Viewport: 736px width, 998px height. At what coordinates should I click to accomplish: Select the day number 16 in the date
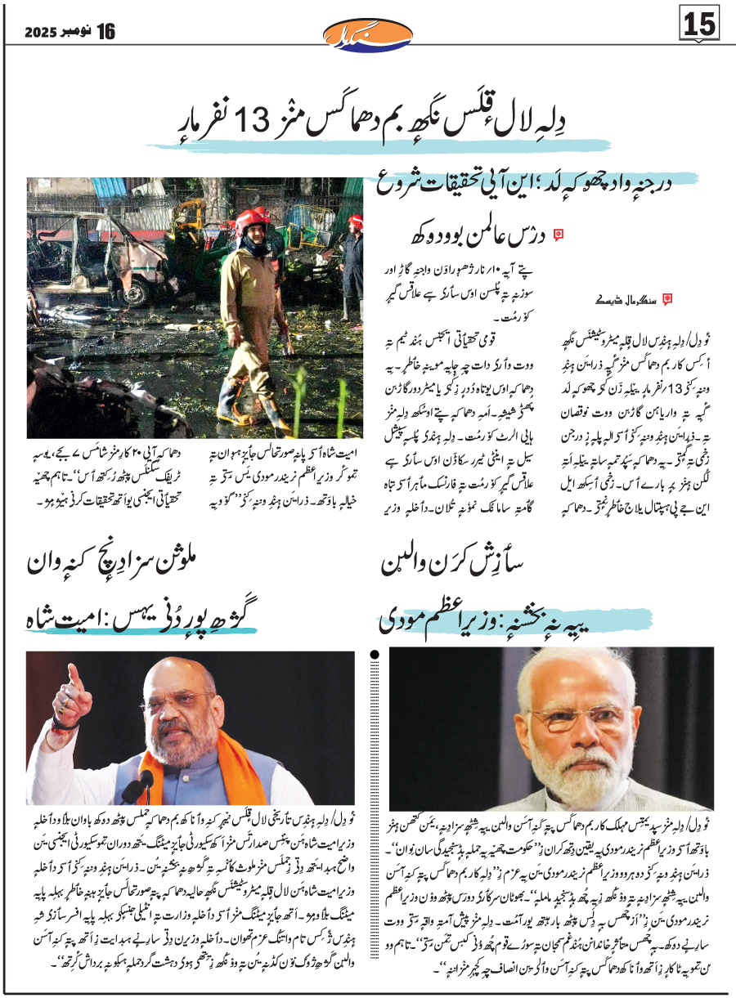[105, 31]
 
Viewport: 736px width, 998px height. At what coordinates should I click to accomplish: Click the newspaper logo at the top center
[367, 34]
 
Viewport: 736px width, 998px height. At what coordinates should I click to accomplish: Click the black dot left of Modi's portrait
[376, 654]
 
